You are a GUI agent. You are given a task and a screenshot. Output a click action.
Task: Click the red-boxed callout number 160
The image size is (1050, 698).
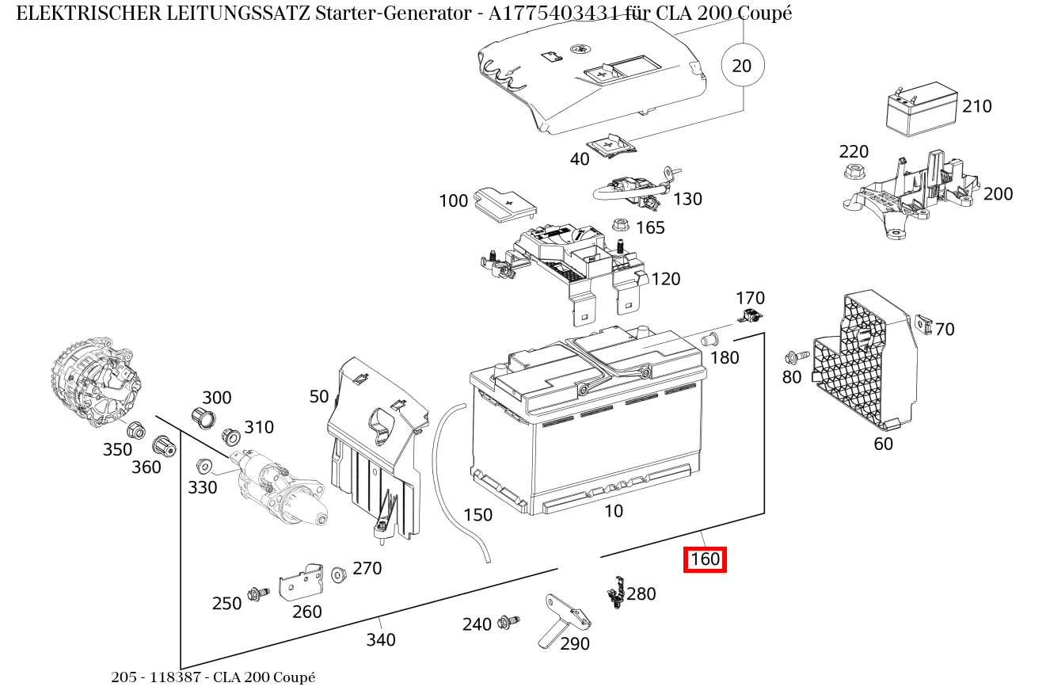click(x=705, y=559)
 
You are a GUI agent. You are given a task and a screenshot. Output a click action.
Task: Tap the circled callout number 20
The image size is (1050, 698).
click(x=742, y=66)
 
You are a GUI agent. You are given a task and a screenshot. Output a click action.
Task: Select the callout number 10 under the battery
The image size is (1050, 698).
click(x=614, y=511)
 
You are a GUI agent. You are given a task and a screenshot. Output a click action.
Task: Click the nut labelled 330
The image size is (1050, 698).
click(x=202, y=466)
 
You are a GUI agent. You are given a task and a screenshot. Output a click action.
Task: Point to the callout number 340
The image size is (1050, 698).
click(x=380, y=639)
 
